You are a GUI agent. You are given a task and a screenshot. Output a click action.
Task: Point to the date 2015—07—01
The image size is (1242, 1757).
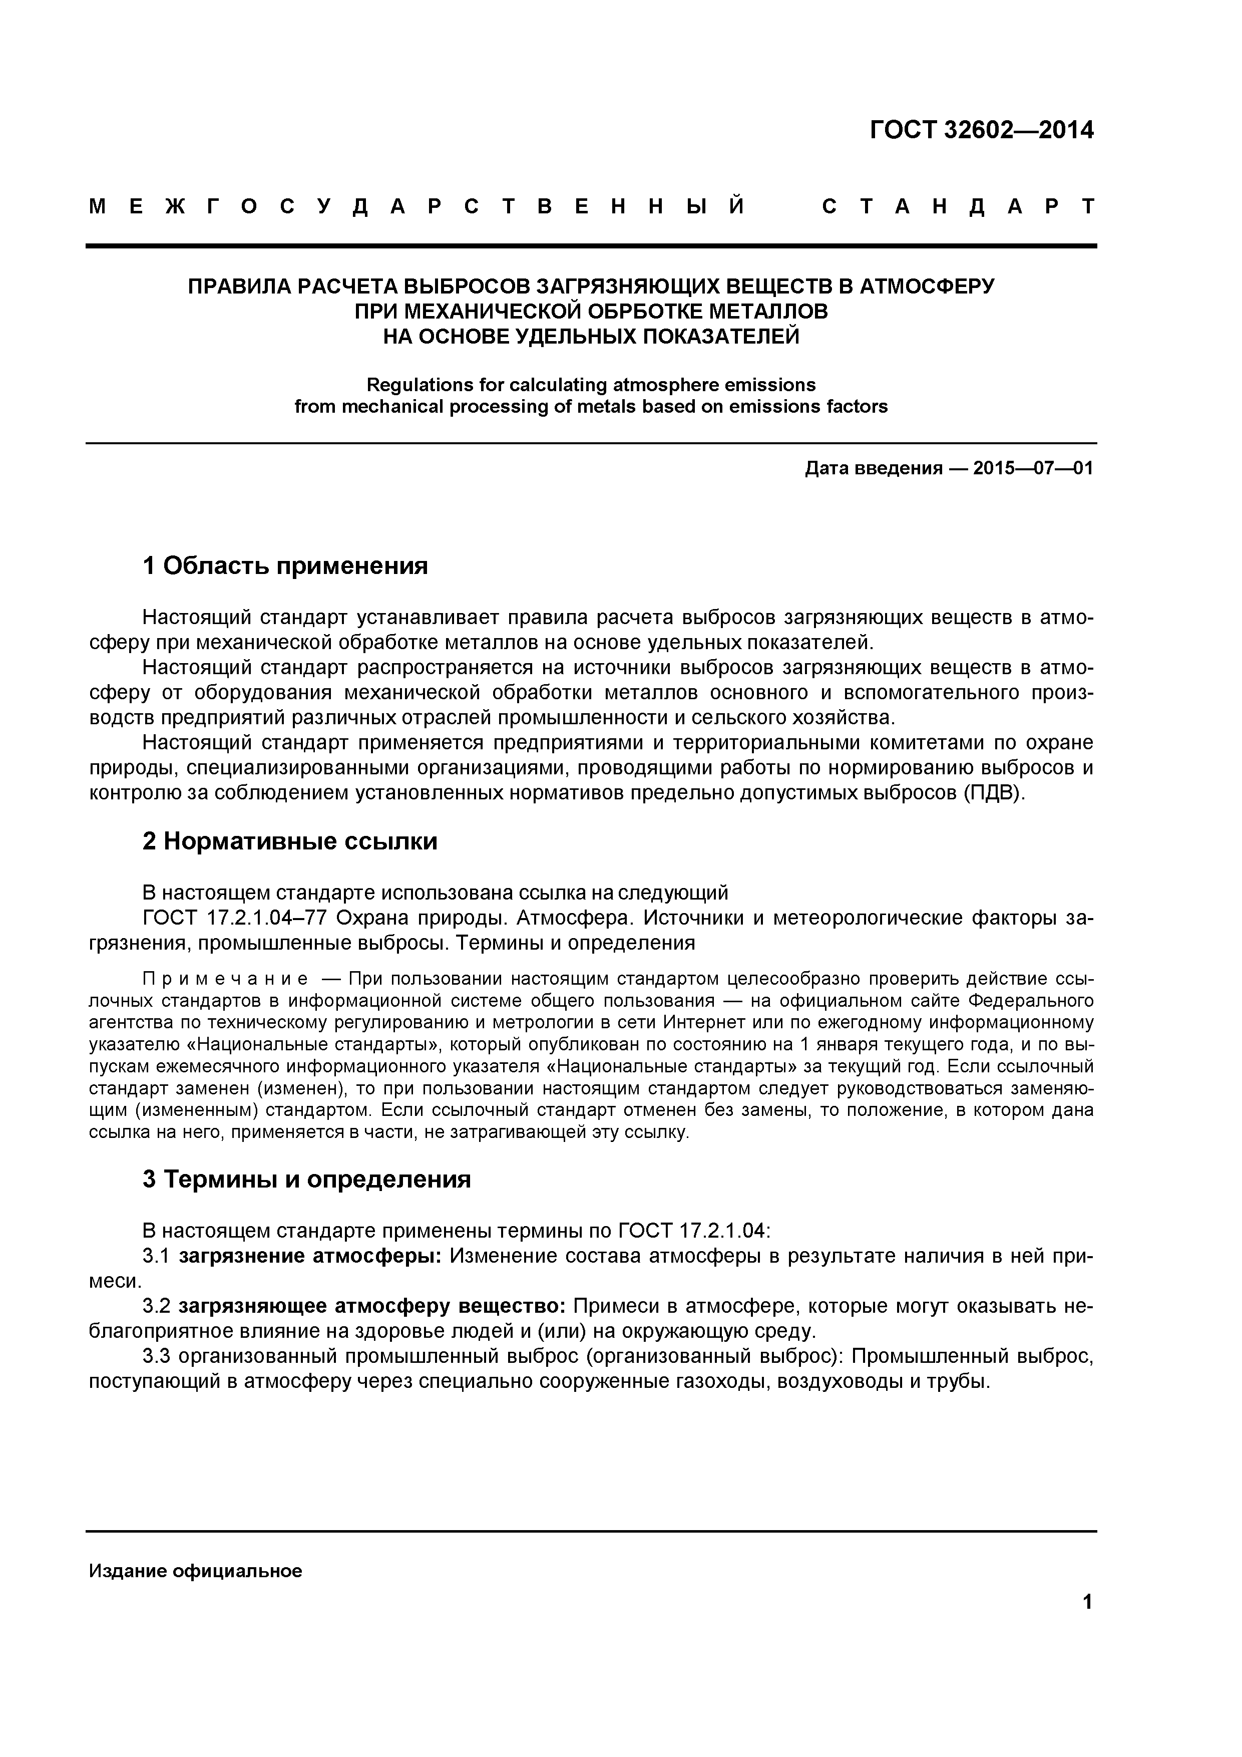1032,468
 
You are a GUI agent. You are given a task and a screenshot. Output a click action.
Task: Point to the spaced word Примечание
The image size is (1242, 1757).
226,980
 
